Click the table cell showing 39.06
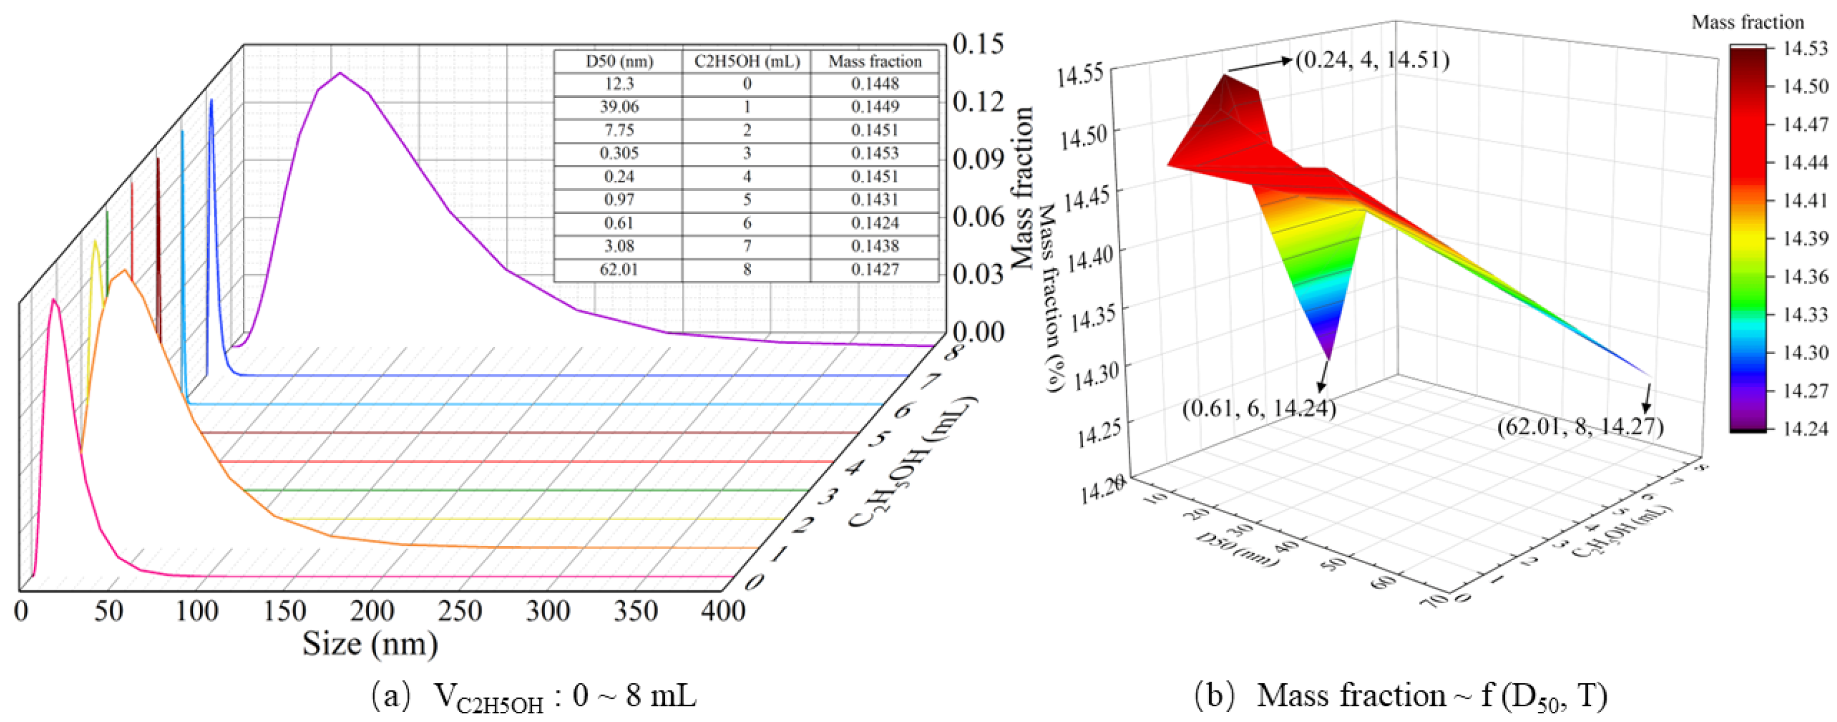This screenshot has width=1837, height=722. click(x=619, y=107)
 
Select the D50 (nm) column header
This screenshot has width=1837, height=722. click(x=619, y=62)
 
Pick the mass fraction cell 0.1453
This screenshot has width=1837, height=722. click(x=875, y=153)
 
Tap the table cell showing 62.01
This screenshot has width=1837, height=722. click(x=619, y=270)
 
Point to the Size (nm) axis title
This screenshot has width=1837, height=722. click(x=370, y=644)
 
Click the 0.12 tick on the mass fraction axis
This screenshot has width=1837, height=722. click(x=978, y=102)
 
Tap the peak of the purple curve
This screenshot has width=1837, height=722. click(x=341, y=73)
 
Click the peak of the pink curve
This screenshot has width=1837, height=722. click(x=54, y=300)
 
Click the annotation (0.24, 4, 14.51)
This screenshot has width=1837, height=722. click(x=1372, y=59)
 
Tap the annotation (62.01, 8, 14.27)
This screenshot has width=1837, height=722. click(x=1580, y=426)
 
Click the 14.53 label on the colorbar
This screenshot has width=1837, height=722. click(x=1805, y=48)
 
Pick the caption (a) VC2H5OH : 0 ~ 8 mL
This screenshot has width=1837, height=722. click(x=533, y=696)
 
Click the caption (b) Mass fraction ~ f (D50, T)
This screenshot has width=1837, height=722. click(x=1401, y=696)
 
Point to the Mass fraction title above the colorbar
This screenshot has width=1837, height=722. click(x=1747, y=23)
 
